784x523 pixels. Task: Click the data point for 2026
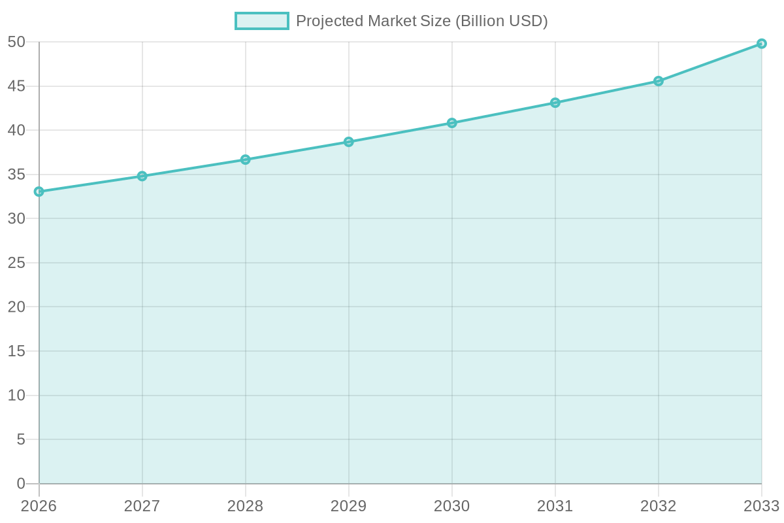click(x=39, y=192)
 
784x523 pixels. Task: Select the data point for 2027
click(x=142, y=176)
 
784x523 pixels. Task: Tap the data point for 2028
click(x=245, y=160)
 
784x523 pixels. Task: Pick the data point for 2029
click(x=348, y=142)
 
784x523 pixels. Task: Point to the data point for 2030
click(x=451, y=123)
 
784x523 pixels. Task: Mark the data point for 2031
click(x=555, y=103)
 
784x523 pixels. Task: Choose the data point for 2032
click(x=658, y=81)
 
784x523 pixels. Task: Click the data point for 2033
click(x=761, y=44)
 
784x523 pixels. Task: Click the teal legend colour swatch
click(x=261, y=21)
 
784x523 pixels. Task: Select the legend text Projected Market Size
click(x=421, y=21)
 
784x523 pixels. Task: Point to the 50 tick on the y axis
click(x=16, y=42)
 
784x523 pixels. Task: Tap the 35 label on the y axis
click(x=16, y=175)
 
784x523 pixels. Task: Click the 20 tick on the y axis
click(x=16, y=307)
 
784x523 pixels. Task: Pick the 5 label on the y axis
click(x=20, y=440)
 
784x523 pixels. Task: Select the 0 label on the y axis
click(x=20, y=484)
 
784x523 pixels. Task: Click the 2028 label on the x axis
click(x=245, y=506)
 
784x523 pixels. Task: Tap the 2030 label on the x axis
click(x=451, y=506)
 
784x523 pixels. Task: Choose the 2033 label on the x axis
click(x=761, y=506)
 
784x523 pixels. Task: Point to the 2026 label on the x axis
click(x=39, y=506)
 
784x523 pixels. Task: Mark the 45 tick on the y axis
click(x=16, y=86)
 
